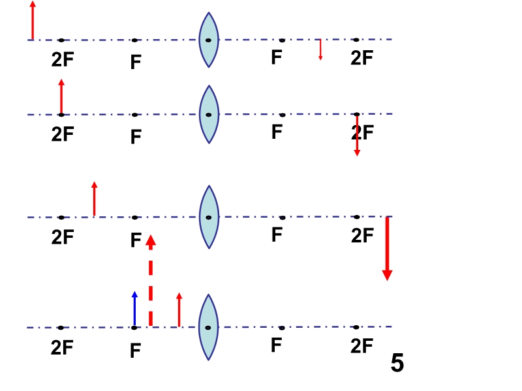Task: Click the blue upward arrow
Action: tap(134, 308)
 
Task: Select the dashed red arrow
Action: tap(151, 280)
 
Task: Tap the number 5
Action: tap(397, 362)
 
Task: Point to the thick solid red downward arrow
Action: tap(387, 249)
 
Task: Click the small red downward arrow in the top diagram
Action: tap(320, 50)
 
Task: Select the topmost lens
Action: tap(209, 40)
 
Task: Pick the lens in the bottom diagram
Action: tap(208, 328)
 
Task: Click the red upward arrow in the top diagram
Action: tap(32, 21)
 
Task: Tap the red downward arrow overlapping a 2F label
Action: tap(357, 135)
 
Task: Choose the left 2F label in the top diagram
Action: tap(63, 59)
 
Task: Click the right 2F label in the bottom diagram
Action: tap(361, 346)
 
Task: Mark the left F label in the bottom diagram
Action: tap(136, 351)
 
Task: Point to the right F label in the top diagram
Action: tap(277, 57)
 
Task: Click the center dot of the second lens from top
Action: tap(209, 115)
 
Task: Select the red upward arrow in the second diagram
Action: tap(61, 97)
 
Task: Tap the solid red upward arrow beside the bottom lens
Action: tap(179, 310)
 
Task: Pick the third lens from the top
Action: tap(209, 217)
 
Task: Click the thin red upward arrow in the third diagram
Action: tap(95, 199)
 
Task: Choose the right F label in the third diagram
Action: tap(277, 235)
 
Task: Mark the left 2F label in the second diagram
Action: tap(63, 134)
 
